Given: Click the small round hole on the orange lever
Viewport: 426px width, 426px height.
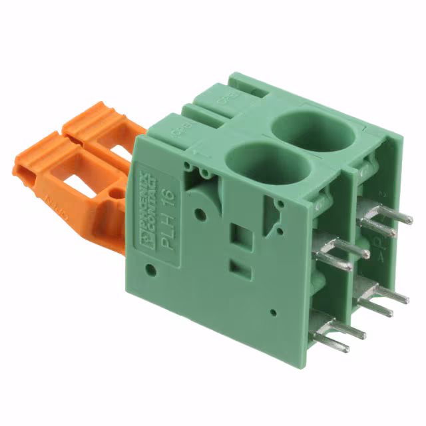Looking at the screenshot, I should click(x=118, y=195).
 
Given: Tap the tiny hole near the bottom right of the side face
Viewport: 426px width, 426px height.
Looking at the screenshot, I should click(x=274, y=312).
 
